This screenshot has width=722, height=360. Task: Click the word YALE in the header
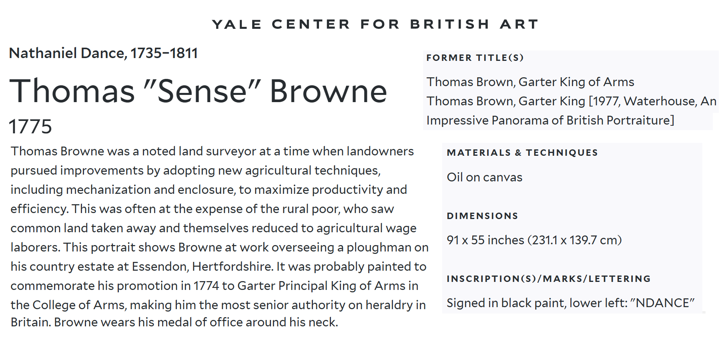pos(237,24)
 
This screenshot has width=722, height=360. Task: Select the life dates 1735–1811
pos(164,53)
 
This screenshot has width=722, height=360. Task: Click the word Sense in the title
pos(202,91)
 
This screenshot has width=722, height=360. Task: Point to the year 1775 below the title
pos(30,127)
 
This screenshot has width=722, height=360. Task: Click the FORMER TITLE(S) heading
pos(475,58)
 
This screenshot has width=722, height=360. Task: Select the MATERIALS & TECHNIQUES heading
pos(522,153)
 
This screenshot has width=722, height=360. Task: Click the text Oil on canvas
pos(485,177)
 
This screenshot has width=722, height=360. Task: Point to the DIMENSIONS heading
pos(483,216)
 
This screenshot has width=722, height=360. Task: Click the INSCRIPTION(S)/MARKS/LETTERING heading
pos(549,279)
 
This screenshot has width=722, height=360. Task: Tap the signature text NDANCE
pos(662,303)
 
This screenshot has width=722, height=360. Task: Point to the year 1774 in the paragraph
pos(206,286)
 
